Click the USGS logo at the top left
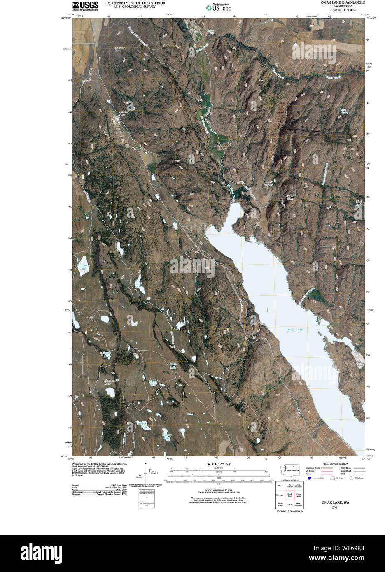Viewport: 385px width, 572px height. click(85, 5)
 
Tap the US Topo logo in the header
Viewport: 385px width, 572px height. click(219, 7)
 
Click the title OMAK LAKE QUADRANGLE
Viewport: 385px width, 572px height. click(343, 2)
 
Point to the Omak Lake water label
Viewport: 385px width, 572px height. click(295, 330)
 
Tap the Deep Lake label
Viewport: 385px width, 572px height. click(173, 365)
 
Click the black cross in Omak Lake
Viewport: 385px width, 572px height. click(268, 310)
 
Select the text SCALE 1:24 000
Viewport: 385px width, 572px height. click(219, 464)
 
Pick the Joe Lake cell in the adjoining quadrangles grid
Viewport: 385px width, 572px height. click(290, 504)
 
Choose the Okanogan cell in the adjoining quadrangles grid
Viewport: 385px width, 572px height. click(280, 495)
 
